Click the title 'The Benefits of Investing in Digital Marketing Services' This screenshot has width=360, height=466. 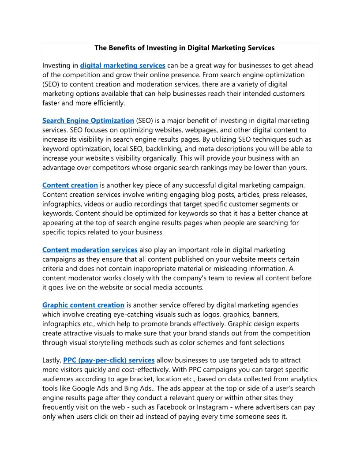(184, 48)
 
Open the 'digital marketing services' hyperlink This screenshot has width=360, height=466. (123, 66)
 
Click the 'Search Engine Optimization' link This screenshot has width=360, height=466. (88, 120)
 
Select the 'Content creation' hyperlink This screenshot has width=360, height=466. (70, 185)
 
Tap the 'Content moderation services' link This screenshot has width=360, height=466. (90, 250)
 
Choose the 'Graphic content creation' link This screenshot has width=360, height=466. (83, 305)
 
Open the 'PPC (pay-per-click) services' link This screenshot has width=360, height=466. (109, 360)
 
